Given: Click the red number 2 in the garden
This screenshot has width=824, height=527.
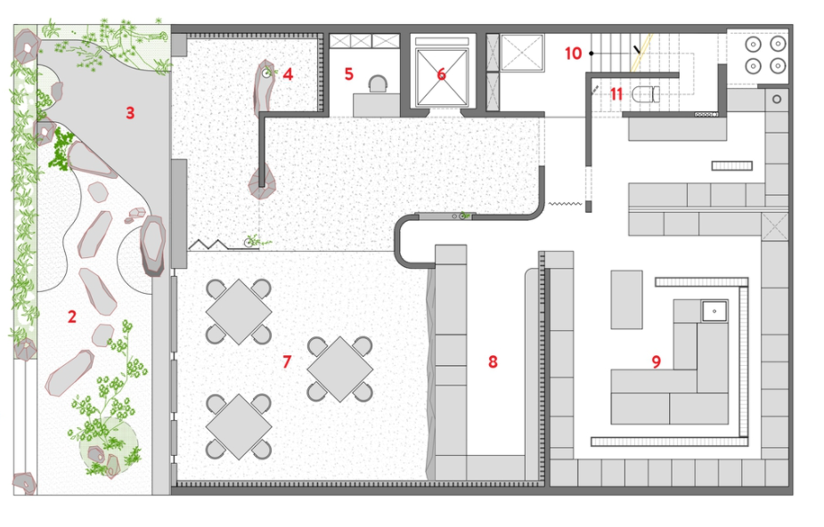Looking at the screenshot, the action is tap(72, 317).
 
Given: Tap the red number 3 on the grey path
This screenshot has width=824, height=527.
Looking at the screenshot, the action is tap(130, 113).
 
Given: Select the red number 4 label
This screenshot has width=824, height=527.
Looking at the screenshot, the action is tap(288, 74).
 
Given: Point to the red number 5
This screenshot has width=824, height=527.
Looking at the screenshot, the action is tap(349, 74).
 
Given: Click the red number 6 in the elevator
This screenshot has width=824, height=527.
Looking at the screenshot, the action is tap(442, 74).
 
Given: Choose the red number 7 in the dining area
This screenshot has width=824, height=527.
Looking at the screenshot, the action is tap(287, 361).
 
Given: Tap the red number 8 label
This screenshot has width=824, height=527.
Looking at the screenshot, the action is tap(493, 361).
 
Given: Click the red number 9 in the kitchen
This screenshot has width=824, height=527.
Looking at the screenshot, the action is tap(656, 361).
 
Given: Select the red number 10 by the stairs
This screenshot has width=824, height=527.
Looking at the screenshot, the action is tap(574, 53).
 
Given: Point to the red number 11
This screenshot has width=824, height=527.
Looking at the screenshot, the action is tap(616, 94).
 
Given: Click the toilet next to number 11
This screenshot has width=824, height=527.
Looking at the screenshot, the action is tap(646, 94).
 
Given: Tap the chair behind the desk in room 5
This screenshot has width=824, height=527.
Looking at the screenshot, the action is tap(378, 85).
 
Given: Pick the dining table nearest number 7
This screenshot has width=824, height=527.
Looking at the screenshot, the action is tap(340, 369).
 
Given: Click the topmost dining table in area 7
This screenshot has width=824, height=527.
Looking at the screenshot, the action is tap(239, 312).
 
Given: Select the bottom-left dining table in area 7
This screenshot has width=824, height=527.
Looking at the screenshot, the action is tap(239, 426).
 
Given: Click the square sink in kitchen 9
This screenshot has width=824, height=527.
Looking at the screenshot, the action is tap(714, 312).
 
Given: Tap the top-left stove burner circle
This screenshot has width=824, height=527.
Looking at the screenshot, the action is tap(754, 45).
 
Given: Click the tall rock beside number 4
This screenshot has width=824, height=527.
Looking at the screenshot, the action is tap(264, 87).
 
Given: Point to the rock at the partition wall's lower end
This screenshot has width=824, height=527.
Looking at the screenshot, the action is tap(262, 182).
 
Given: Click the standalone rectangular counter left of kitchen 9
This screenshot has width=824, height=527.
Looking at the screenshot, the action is tap(626, 300).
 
